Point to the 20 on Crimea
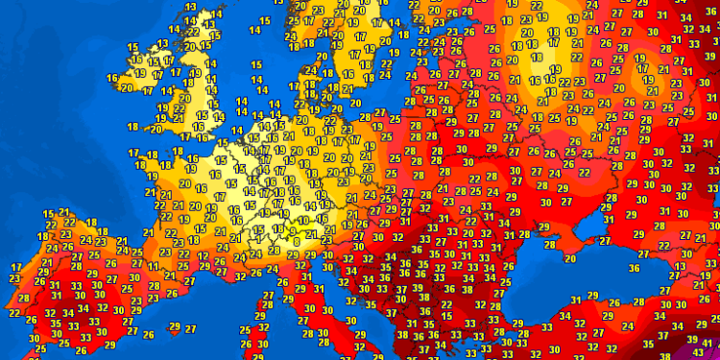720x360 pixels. coord(570,257)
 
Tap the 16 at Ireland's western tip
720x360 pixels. coord(112,78)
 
